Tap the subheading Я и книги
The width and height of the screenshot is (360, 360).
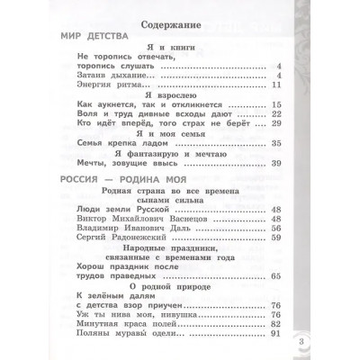[179, 48]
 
